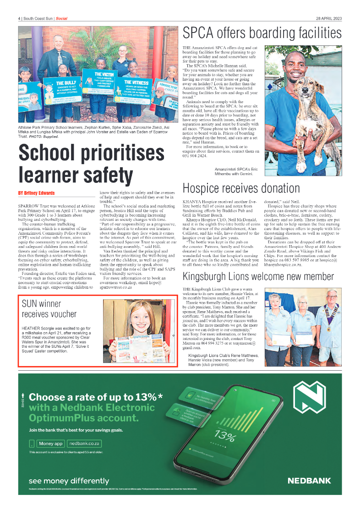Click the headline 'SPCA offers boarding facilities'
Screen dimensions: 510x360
coord(262,33)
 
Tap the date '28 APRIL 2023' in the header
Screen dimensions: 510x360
coord(328,18)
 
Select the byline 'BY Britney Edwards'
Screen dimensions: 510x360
coord(36,193)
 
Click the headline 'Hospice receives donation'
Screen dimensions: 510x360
coord(241,188)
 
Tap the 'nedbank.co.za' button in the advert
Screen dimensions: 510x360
coord(84,444)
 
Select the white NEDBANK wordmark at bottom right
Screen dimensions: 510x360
coord(309,481)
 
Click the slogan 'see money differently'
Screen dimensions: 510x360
coord(69,481)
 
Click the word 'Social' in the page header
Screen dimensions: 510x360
coord(61,18)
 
